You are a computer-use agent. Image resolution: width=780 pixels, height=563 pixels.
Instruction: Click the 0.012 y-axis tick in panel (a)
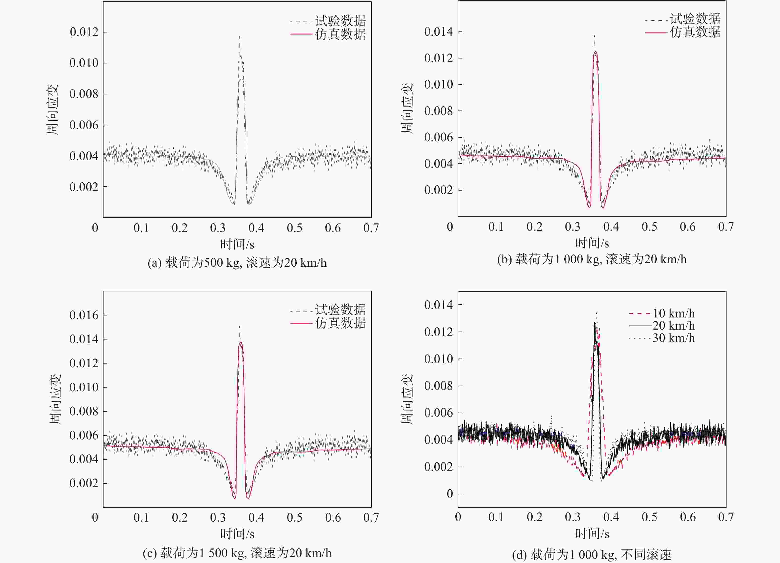coord(84,32)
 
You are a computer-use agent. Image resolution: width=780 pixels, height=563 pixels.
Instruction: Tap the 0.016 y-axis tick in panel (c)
coord(84,315)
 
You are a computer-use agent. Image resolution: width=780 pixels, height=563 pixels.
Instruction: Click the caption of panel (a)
coord(237,263)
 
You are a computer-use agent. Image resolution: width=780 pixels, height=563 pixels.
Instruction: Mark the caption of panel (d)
coord(592,554)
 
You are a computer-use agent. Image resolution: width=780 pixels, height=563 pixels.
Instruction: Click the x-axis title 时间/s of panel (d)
coord(592,534)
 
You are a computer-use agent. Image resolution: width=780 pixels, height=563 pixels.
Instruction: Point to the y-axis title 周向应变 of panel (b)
coord(407,108)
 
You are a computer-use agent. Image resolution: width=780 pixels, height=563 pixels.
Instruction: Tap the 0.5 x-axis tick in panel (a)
coord(294,228)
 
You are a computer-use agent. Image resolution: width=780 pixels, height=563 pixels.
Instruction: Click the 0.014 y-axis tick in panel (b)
coord(439,32)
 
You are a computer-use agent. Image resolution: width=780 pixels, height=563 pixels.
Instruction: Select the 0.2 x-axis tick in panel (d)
coord(534,517)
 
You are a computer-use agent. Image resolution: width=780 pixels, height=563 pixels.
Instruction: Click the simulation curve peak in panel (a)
coord(241,80)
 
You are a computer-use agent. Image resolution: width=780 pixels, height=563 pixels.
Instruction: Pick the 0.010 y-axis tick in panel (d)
coord(439,359)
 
